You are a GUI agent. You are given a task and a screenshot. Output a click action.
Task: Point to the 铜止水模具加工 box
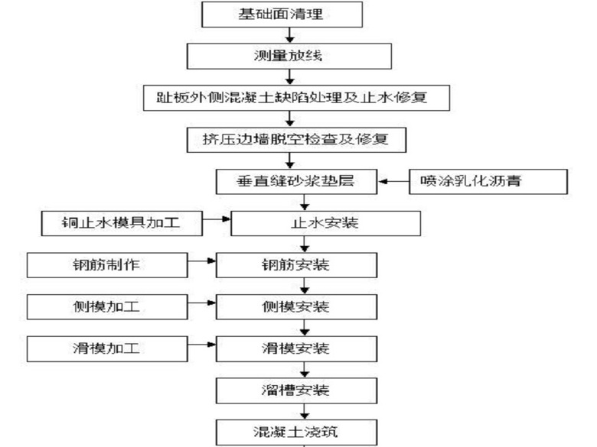click(122, 223)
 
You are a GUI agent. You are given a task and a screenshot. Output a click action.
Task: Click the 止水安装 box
click(325, 223)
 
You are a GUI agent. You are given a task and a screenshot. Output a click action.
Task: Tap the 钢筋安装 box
click(298, 265)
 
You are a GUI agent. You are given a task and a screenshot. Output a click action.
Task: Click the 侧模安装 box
click(298, 307)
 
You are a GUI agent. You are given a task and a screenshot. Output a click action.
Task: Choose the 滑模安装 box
click(298, 349)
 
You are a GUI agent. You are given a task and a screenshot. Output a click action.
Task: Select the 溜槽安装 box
click(298, 390)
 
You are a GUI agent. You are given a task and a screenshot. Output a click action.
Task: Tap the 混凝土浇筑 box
click(298, 432)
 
